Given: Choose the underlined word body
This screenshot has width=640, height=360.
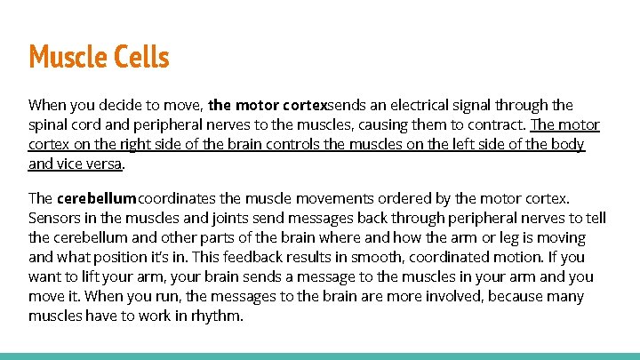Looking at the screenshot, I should coord(567,144).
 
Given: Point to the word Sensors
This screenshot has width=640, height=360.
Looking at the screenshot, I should coord(55,218).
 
